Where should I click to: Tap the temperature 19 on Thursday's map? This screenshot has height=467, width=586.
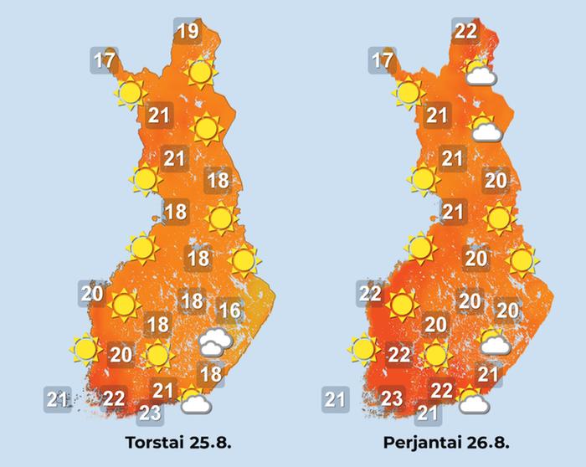point(188,33)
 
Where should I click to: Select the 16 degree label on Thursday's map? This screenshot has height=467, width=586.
point(229,311)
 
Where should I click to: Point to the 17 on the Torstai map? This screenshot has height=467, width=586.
point(104,61)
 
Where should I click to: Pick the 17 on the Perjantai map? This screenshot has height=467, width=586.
point(382,61)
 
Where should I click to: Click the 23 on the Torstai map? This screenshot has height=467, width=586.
point(150,411)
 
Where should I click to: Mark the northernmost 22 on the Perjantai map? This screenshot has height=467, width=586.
point(465,32)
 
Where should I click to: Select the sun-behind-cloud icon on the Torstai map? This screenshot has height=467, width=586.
point(194,403)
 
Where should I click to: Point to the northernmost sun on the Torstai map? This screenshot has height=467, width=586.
point(199,73)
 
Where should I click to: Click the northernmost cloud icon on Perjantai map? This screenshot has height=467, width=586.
point(480,74)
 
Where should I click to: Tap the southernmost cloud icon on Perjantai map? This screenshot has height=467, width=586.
point(474,403)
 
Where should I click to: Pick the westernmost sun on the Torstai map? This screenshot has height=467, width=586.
point(85,347)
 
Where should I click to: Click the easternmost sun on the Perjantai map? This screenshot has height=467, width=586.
point(522,261)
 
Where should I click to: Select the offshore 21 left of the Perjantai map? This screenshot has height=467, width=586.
point(336,399)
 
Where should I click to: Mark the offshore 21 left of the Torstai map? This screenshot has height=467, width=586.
point(58,399)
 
